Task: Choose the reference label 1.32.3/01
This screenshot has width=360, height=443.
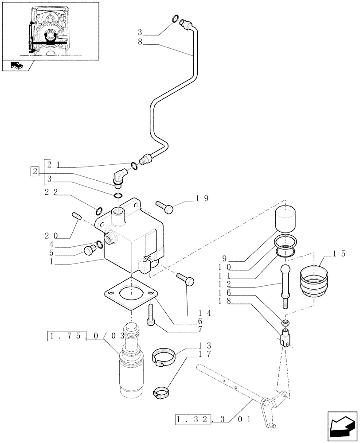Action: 204,419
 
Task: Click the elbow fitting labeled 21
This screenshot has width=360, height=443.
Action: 120,178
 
